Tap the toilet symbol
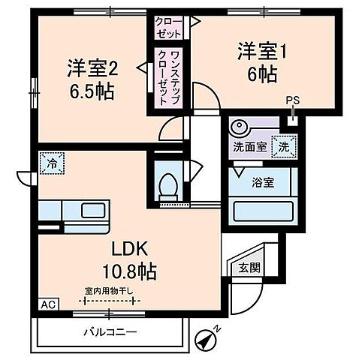pos(170,184)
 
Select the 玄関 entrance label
pos(249,267)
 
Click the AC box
pos(47,305)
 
